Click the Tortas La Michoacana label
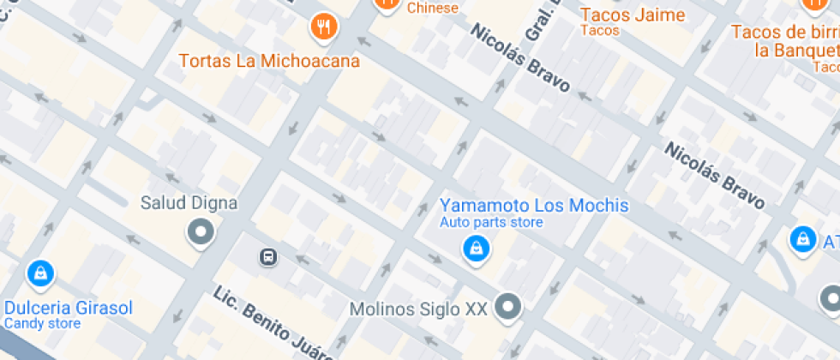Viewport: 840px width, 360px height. [x=269, y=62]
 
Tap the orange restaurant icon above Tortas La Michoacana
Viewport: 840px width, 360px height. [x=324, y=27]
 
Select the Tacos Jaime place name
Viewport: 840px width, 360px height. [x=633, y=15]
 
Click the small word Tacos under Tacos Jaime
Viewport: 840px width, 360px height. [x=599, y=31]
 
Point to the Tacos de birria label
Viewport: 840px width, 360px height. [x=783, y=32]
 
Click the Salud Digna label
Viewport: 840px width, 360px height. [x=189, y=204]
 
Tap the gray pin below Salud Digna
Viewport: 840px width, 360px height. [x=201, y=231]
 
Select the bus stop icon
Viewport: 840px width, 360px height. [x=268, y=255]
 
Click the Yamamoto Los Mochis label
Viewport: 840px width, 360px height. [x=534, y=206]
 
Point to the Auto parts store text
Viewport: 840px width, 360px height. [x=491, y=223]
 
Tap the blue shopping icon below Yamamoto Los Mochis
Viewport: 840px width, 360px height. [x=475, y=249]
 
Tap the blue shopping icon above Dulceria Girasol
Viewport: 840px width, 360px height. [x=39, y=273]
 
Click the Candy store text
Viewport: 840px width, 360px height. [x=42, y=324]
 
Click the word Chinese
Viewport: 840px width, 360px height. [x=433, y=8]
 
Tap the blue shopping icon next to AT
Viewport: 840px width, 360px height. [x=802, y=240]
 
